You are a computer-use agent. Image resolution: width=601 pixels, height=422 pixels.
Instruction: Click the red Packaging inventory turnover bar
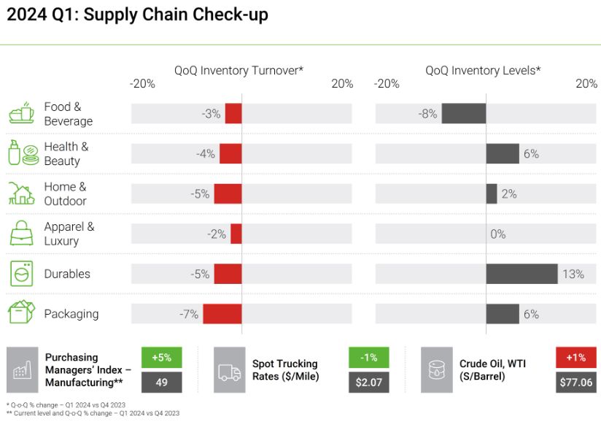(222, 314)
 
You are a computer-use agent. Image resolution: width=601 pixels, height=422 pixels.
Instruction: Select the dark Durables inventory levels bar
(521, 274)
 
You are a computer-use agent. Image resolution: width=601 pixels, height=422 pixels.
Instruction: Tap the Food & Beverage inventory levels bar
(463, 114)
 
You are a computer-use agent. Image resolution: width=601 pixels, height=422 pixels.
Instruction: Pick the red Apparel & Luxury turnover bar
(236, 234)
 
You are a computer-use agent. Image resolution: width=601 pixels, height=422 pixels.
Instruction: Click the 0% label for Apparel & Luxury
(498, 234)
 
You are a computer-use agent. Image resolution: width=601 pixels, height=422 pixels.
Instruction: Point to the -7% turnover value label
(189, 314)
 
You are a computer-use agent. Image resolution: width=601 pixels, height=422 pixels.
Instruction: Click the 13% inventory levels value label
(573, 275)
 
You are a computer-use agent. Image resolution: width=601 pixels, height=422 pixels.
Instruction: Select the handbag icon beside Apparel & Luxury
(21, 234)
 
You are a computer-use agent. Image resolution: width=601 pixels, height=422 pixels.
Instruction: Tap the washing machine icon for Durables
(21, 274)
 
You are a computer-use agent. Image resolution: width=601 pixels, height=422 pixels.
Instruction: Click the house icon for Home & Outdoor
(21, 193)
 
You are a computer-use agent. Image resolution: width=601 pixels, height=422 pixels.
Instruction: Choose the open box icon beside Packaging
(21, 313)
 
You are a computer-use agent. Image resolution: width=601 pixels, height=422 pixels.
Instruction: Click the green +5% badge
(161, 358)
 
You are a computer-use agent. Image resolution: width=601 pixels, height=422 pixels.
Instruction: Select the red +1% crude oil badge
(575, 358)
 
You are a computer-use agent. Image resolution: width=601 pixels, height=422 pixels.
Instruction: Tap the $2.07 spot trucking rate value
(368, 382)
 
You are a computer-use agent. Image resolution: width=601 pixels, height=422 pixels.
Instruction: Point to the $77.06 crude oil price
(575, 382)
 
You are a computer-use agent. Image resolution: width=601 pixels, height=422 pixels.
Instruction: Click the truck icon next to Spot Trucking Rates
(229, 371)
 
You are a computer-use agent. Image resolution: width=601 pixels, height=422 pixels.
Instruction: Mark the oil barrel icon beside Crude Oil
(436, 371)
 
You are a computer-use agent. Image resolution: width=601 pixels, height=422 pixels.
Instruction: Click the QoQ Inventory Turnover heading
(239, 70)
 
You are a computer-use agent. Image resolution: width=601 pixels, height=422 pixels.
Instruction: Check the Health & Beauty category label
(66, 153)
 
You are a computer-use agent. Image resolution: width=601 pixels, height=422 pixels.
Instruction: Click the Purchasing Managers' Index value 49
(161, 382)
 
